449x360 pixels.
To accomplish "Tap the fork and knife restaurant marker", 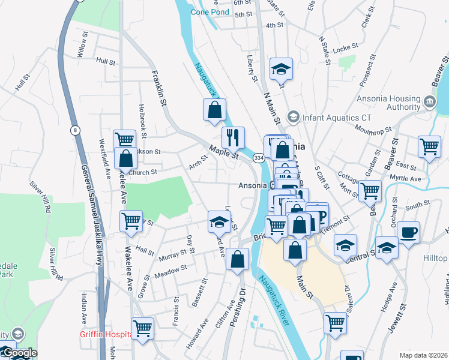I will pyautogui.click(x=233, y=137).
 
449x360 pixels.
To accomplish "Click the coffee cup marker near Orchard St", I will pyautogui.click(x=408, y=232).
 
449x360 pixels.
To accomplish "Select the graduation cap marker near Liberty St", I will pyautogui.click(x=281, y=69).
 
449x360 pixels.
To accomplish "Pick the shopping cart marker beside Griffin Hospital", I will pyautogui.click(x=143, y=328).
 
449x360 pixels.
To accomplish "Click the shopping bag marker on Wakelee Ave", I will pyautogui.click(x=125, y=159).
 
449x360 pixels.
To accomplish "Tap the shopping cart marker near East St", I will pyautogui.click(x=430, y=146).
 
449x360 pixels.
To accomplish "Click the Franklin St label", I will pyautogui.click(x=158, y=88).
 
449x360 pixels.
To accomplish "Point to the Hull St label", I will pyautogui.click(x=106, y=61).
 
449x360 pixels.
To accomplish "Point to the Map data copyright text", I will pyautogui.click(x=424, y=355).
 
